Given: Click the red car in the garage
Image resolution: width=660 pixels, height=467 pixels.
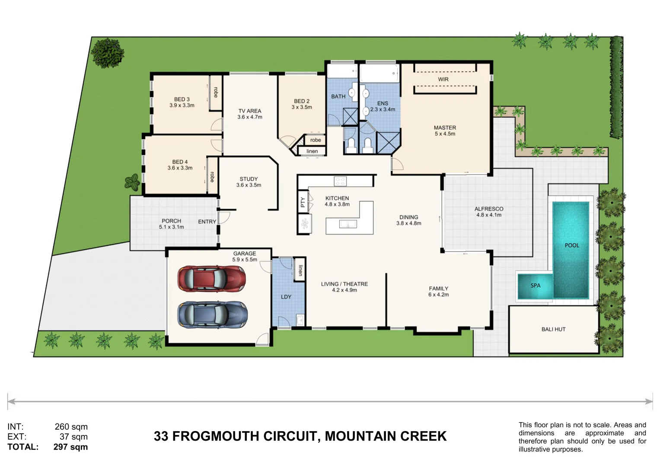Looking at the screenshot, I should point(211,278).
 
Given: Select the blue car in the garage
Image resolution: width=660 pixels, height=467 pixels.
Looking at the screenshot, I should point(212,314).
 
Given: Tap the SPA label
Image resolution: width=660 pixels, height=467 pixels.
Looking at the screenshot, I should point(535,285).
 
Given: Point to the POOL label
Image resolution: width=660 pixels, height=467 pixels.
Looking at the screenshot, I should point(571,245).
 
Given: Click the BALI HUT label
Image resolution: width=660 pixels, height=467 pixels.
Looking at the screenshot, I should point(553,329).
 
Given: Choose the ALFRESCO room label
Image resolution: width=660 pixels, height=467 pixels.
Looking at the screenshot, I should point(489,209).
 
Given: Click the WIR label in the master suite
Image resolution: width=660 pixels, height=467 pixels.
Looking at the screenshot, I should point(443,80).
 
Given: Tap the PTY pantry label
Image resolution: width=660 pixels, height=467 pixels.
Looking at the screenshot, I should point(303,202).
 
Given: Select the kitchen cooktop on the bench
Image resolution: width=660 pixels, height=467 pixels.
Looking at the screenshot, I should point(340,181).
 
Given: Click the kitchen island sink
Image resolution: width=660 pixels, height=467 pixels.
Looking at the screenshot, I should point(348,224).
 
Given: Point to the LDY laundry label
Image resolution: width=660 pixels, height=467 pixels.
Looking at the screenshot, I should point(286,297).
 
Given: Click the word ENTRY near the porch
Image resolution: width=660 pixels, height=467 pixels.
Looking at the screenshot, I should point(207,222).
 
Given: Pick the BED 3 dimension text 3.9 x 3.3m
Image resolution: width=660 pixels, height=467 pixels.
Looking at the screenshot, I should point(182,106).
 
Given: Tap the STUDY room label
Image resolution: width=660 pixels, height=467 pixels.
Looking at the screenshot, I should point(249,179).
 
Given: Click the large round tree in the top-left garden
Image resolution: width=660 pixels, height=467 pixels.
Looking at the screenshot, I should point(107,53).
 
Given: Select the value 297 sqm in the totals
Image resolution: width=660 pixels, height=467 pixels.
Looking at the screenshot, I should point(70,447).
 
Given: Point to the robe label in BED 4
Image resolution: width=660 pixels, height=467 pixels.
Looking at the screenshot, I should point(212,177).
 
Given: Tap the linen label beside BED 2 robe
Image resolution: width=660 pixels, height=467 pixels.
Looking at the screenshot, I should point(312,151).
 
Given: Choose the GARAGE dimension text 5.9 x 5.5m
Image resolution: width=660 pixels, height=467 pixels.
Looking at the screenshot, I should point(245,260).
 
